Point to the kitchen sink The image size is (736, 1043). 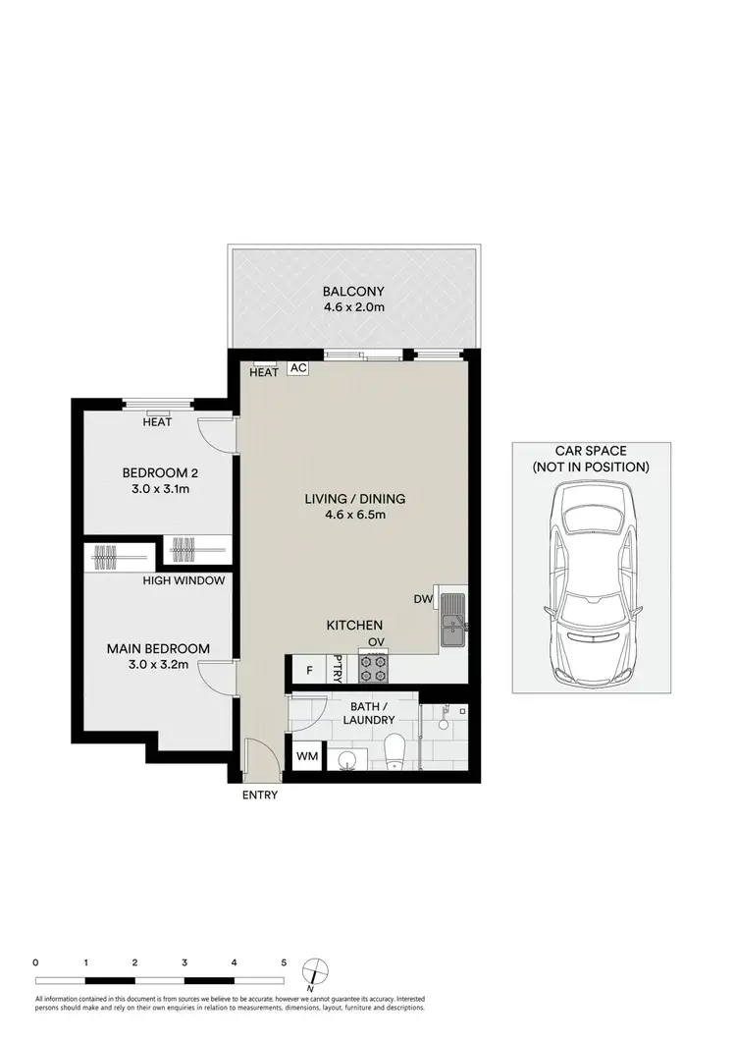[x=452, y=621]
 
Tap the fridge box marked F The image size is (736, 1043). [x=309, y=671]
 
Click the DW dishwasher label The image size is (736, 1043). [x=423, y=597]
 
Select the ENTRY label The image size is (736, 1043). [x=260, y=796]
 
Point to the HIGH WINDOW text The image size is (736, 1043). [x=185, y=580]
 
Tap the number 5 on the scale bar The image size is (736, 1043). [x=284, y=963]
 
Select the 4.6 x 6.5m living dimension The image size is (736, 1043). [x=354, y=516]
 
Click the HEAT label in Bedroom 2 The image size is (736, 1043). [x=157, y=422]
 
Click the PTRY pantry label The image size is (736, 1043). [x=339, y=668]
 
